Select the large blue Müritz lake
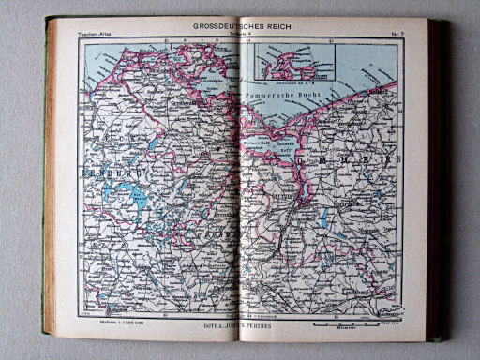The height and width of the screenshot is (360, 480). [x=137, y=199]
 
